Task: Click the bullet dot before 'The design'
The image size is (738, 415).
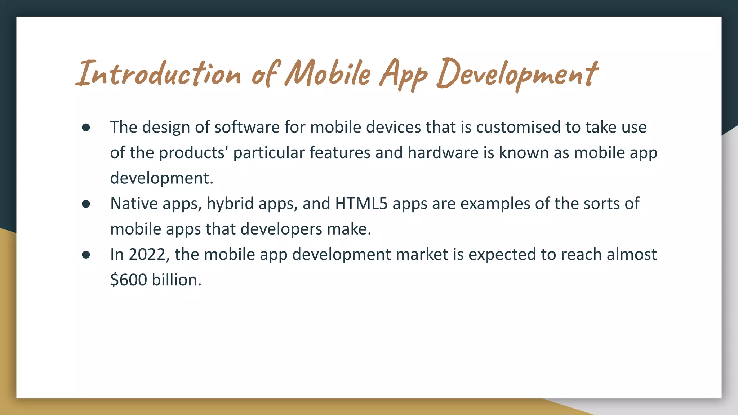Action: (86, 128)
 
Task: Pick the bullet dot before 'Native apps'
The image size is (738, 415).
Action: (86, 204)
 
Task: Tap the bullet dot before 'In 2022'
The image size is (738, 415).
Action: (86, 255)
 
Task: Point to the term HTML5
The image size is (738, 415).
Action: (361, 204)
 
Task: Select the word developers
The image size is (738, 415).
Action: (281, 229)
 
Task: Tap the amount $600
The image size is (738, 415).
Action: (128, 280)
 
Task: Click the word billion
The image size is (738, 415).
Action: (177, 280)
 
